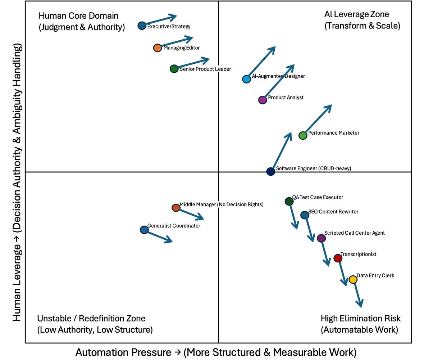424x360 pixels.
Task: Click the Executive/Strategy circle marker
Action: pyautogui.click(x=142, y=26)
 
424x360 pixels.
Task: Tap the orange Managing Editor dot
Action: pyautogui.click(x=158, y=48)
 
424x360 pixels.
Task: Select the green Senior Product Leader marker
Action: pyautogui.click(x=174, y=69)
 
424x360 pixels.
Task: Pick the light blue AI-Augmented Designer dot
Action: pyautogui.click(x=246, y=79)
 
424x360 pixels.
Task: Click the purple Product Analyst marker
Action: pyautogui.click(x=263, y=100)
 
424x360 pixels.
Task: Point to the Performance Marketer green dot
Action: pyautogui.click(x=303, y=136)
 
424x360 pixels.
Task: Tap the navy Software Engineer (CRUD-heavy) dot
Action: pyautogui.click(x=271, y=172)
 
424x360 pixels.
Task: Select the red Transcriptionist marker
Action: pyautogui.click(x=337, y=258)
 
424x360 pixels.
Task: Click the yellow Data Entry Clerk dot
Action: pyautogui.click(x=353, y=279)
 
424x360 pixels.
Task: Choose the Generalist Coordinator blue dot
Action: pyautogui.click(x=144, y=230)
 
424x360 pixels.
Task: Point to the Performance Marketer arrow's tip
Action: pyautogui.click(x=330, y=106)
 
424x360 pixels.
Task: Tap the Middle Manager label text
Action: pyautogui.click(x=222, y=204)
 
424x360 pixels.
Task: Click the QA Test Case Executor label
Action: pyautogui.click(x=318, y=197)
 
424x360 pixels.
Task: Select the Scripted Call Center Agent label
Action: pyautogui.click(x=354, y=233)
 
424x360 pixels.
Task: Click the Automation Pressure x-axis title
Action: pyautogui.click(x=216, y=352)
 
